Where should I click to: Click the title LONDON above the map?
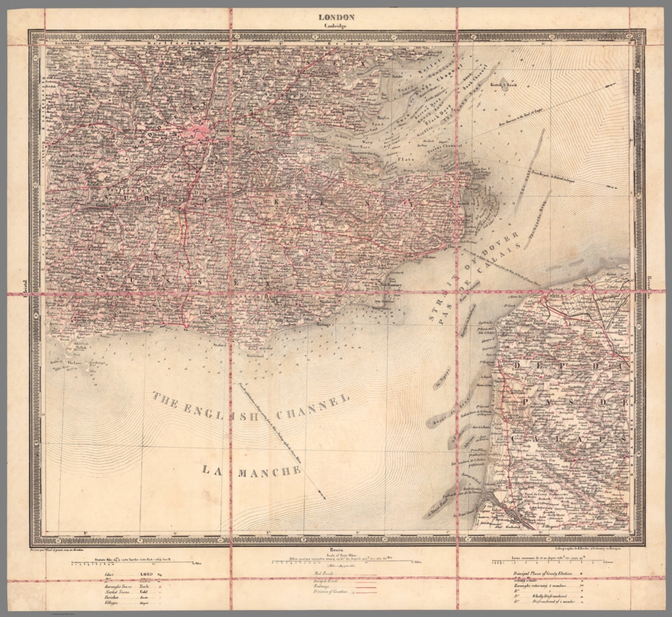click(x=336, y=17)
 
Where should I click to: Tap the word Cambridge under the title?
click(x=336, y=26)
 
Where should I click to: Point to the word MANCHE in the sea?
click(x=269, y=471)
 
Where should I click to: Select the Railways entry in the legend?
click(x=322, y=586)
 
